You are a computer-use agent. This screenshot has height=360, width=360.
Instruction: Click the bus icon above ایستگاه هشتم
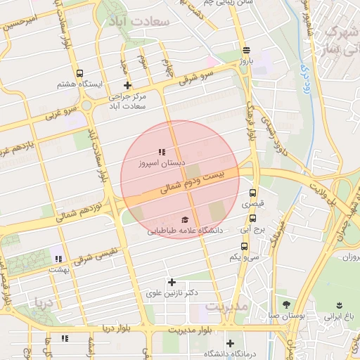coord(79,73)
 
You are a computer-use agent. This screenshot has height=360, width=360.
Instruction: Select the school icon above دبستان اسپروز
coord(162,151)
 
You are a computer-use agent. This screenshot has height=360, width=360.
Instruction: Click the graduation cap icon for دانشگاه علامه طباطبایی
coord(185,219)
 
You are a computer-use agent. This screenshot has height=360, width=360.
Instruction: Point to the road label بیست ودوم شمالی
coord(190,181)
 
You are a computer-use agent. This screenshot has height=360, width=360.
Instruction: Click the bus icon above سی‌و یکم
coord(244,246)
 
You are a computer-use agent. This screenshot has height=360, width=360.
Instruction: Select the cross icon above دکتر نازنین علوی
coord(172,281)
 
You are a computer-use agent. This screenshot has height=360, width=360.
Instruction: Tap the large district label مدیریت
coord(224,307)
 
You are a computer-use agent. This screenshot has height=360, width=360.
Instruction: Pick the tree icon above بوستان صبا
coord(286,304)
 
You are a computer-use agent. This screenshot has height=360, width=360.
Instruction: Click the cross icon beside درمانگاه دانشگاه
coord(229,342)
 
